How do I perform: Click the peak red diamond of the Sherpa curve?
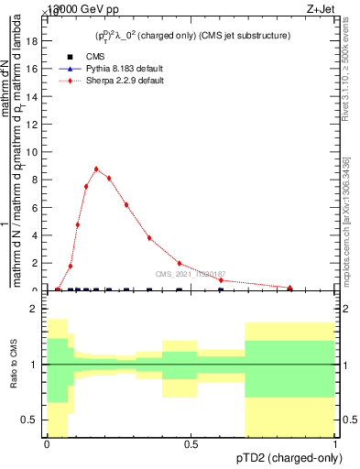pos(96,169)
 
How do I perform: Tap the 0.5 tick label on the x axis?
pos(191,443)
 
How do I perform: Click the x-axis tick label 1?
pos(335,443)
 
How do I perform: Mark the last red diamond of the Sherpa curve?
pos(290,288)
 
